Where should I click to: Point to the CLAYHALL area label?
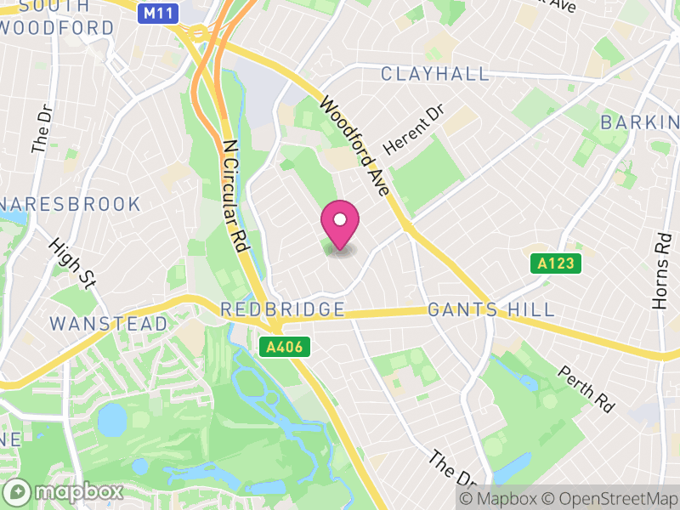435,74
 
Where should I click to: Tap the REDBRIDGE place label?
283,309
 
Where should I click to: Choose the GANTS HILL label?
491,309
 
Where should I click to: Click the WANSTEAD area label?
109,324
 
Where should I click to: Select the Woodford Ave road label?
354,146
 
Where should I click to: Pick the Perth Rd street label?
586,388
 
